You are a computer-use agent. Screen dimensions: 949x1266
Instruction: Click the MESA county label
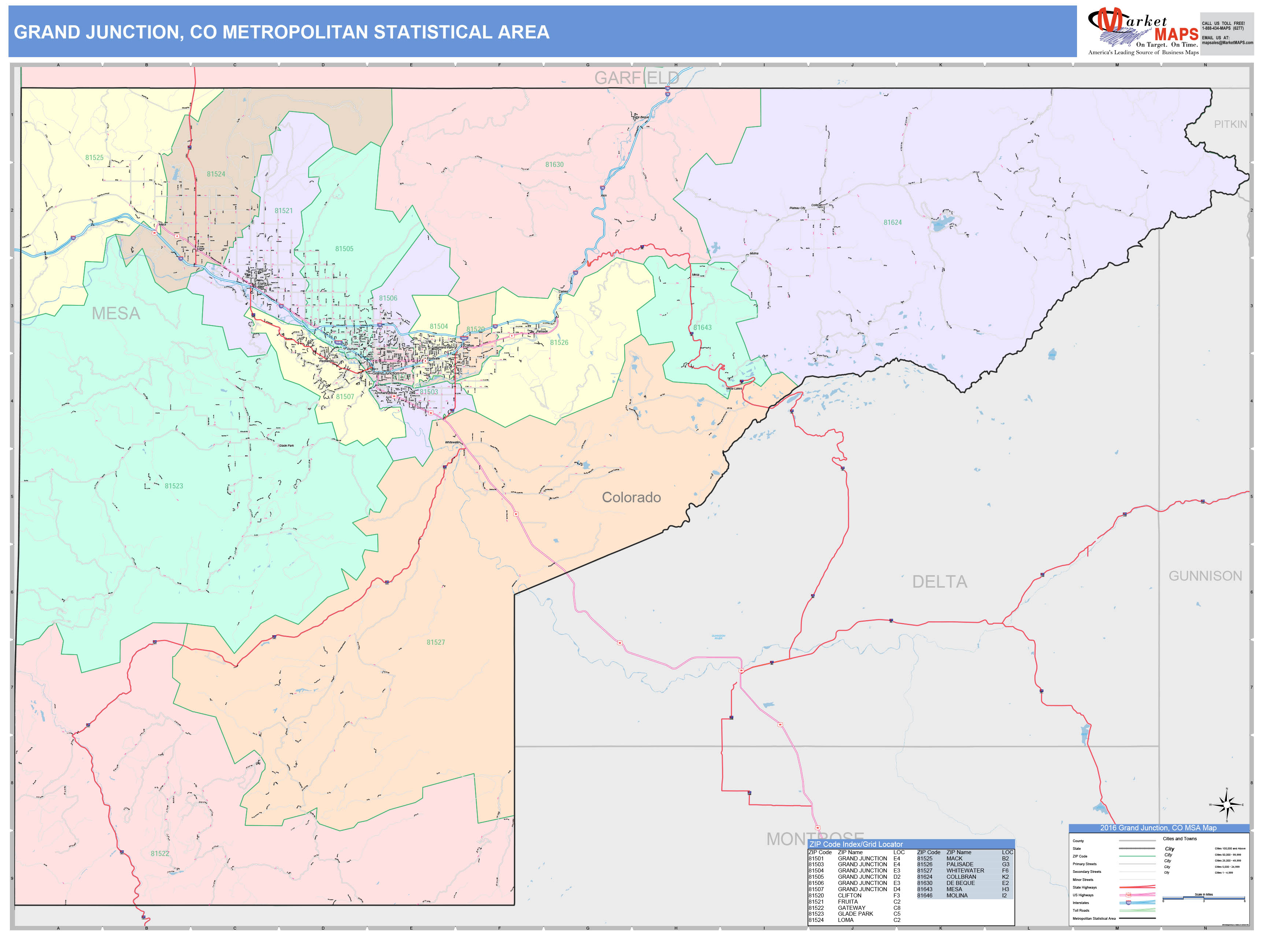click(x=116, y=313)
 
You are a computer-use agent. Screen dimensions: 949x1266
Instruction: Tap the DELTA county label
click(x=939, y=582)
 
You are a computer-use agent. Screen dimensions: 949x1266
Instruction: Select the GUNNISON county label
click(x=1205, y=576)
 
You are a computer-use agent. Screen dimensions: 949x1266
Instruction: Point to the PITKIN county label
click(x=1230, y=124)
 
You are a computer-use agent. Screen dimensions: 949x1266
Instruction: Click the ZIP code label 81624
click(x=892, y=223)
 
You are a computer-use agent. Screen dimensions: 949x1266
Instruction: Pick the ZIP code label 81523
click(x=174, y=485)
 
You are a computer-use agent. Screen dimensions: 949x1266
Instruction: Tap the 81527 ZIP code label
click(x=436, y=643)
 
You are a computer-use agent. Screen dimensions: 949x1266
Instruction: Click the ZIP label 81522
click(x=160, y=853)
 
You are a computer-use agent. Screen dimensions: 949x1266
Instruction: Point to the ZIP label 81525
click(x=95, y=158)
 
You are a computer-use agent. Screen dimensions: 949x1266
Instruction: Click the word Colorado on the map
click(x=631, y=498)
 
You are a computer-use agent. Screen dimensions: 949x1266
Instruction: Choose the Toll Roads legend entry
click(x=1081, y=910)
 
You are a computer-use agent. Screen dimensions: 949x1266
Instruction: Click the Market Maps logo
click(x=1143, y=31)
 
